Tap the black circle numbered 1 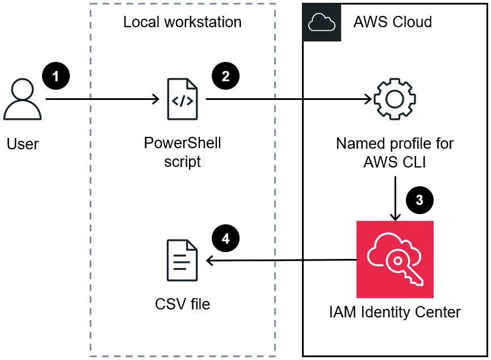click(x=56, y=76)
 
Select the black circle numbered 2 click(x=225, y=76)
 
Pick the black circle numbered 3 click(x=419, y=200)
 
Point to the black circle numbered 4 click(x=225, y=238)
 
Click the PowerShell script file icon click(x=182, y=100)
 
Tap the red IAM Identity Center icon click(x=395, y=259)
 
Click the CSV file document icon click(x=182, y=261)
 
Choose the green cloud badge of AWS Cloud click(x=322, y=22)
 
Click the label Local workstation click(x=182, y=22)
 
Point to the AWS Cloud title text click(x=392, y=22)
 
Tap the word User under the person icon click(x=23, y=144)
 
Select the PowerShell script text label click(x=182, y=152)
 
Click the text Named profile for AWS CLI click(x=395, y=152)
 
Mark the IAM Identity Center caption click(x=395, y=312)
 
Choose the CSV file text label click(x=182, y=304)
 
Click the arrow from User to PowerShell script click(x=102, y=100)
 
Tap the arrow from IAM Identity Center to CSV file click(x=281, y=261)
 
